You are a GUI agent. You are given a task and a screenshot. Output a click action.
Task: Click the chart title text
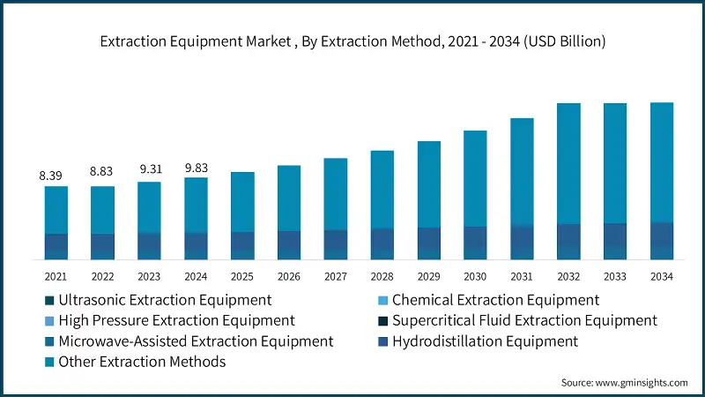[352, 41]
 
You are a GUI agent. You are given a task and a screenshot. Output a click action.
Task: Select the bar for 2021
[56, 222]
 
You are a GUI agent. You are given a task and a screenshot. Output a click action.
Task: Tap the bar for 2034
[662, 181]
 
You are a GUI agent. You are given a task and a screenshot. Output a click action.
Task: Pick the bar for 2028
[382, 205]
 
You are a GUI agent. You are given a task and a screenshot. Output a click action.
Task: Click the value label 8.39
[51, 176]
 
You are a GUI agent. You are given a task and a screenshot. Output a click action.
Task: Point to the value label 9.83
[196, 168]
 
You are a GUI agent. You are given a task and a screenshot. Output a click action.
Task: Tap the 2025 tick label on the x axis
[242, 276]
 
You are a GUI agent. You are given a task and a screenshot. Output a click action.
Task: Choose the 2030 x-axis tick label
[475, 276]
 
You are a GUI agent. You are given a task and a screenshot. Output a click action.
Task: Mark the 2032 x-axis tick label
[568, 276]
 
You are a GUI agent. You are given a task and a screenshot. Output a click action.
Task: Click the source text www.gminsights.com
[624, 383]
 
